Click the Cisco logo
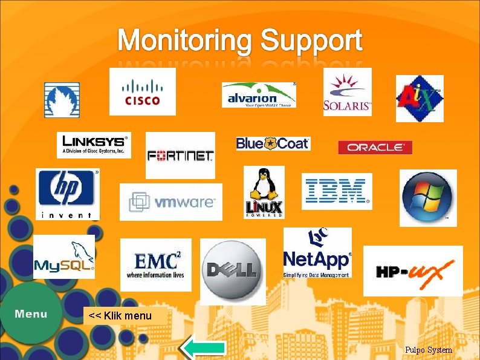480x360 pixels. (x=143, y=91)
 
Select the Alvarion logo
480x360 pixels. (x=259, y=95)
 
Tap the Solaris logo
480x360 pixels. (x=347, y=92)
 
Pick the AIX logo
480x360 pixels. (x=420, y=99)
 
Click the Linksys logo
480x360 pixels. (x=94, y=145)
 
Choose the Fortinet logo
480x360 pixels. (x=180, y=155)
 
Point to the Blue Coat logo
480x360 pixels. (x=273, y=143)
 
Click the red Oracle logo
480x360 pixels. (x=375, y=147)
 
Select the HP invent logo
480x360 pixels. (x=68, y=194)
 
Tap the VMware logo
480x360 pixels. (x=171, y=202)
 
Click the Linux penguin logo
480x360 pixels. (x=264, y=192)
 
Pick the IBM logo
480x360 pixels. (x=337, y=191)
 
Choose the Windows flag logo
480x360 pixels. (x=428, y=198)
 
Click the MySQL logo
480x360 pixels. (x=64, y=257)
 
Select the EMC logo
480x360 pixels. (x=155, y=265)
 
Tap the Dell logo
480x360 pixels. (x=233, y=271)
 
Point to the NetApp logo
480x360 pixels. (x=317, y=253)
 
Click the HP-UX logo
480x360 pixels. (x=413, y=271)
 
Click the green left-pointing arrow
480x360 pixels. (x=204, y=348)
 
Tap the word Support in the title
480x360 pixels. (x=311, y=41)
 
